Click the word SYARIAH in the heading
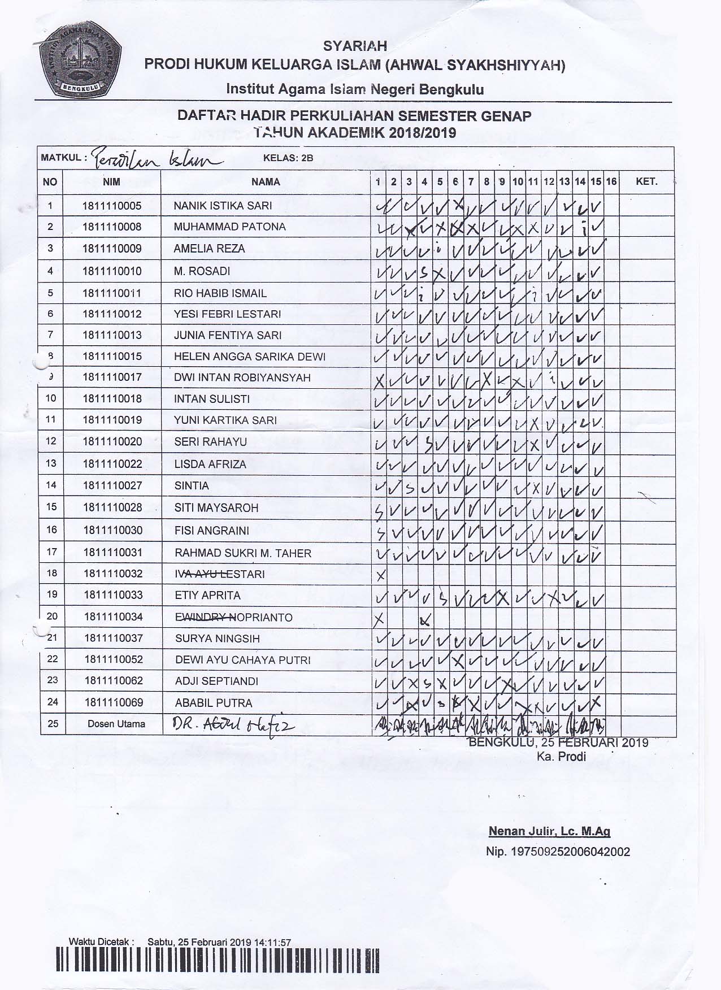[355, 46]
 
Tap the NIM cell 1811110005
[112, 206]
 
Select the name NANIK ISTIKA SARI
[223, 206]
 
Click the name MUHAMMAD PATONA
[229, 227]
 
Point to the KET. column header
[646, 182]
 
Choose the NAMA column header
[266, 182]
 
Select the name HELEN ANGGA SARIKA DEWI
[250, 357]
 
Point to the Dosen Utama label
[116, 724]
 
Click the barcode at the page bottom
[218, 971]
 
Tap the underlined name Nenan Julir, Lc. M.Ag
[549, 831]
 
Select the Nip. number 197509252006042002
[558, 852]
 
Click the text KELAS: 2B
[288, 158]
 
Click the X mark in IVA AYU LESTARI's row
[380, 576]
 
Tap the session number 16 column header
[611, 182]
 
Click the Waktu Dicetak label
[101, 942]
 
